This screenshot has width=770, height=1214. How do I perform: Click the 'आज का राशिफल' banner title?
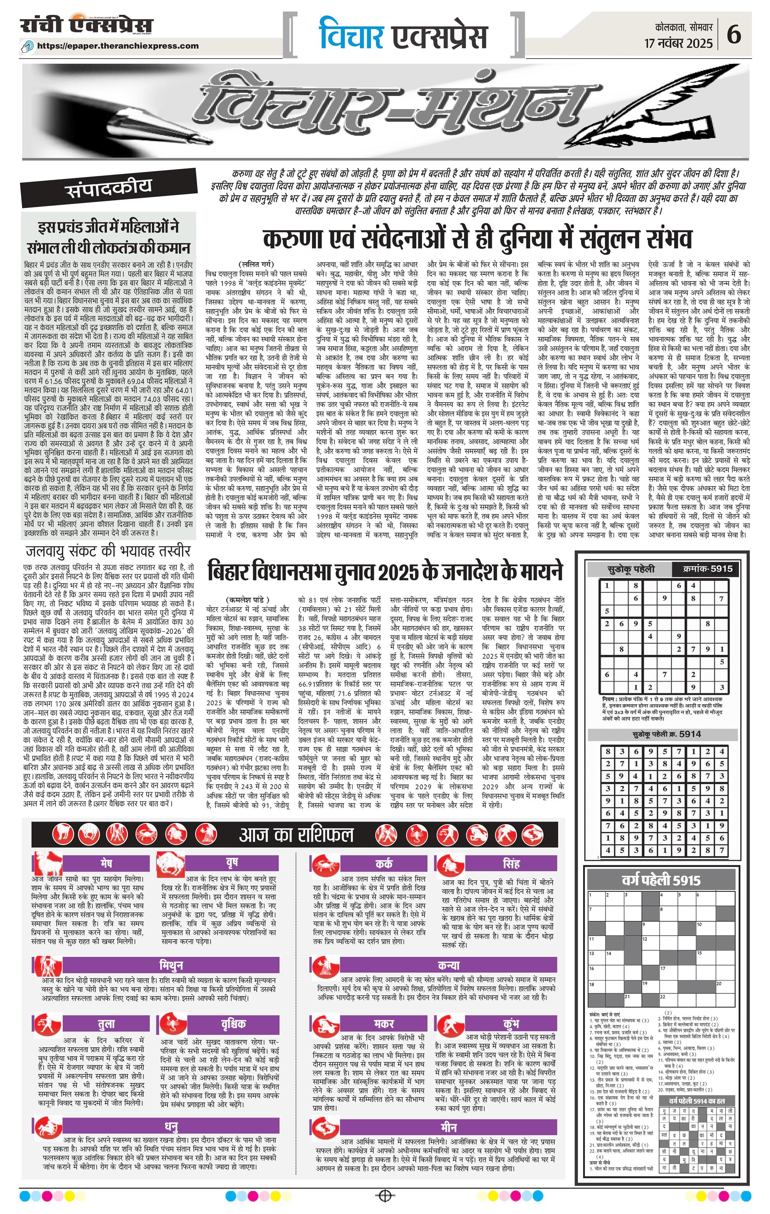click(296, 835)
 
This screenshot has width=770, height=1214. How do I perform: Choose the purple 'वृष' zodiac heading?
click(232, 862)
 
